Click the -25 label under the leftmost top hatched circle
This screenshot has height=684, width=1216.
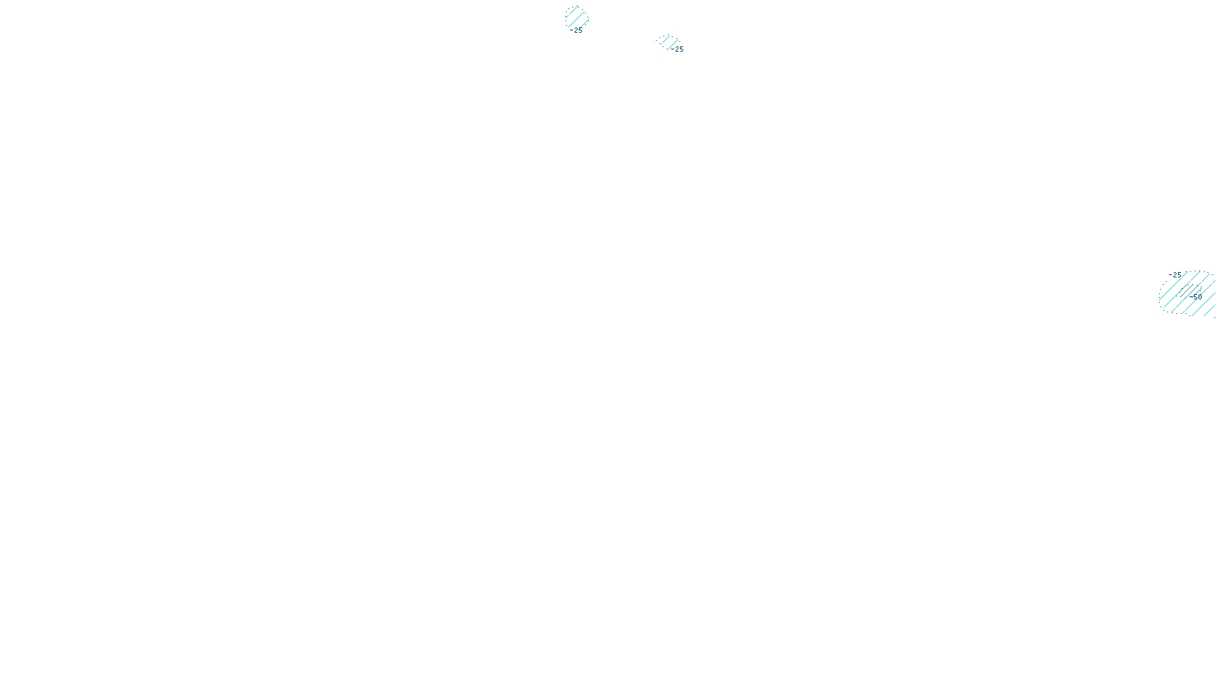coord(578,30)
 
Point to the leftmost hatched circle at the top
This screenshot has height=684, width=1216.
coord(577,17)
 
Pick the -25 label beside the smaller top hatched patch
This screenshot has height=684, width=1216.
coord(678,49)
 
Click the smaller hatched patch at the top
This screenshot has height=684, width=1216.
coord(667,41)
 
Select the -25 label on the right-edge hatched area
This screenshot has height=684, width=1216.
coord(1176,275)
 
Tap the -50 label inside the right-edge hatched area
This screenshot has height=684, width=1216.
coord(1196,297)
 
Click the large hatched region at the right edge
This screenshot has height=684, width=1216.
coord(1187,293)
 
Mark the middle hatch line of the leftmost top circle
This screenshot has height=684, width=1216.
coord(577,17)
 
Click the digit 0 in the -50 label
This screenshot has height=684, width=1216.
coord(1200,297)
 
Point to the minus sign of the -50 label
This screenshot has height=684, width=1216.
coord(1192,297)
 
